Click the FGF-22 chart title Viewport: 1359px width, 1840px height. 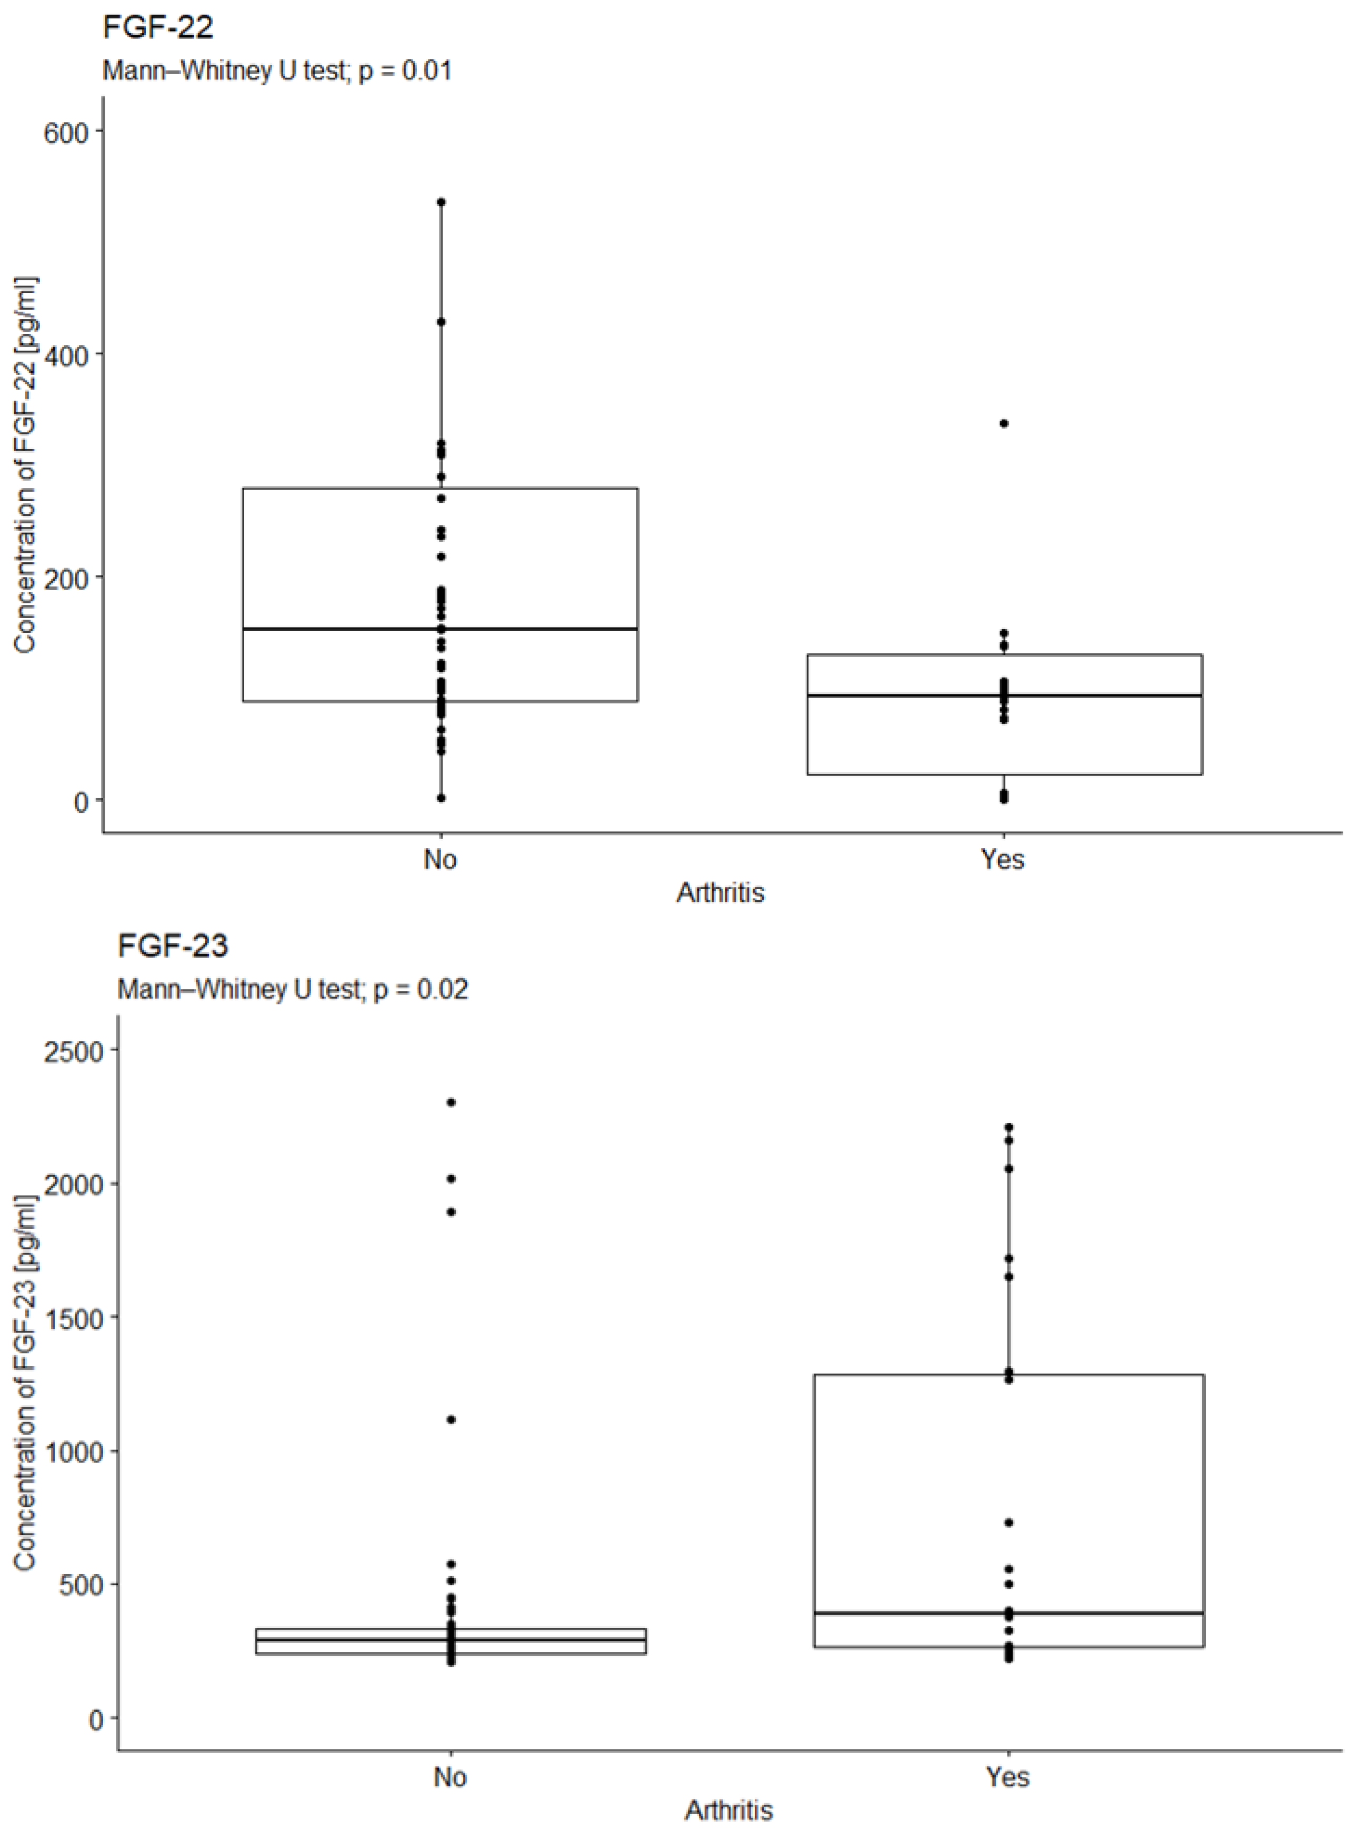(x=158, y=28)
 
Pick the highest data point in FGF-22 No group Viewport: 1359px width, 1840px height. (x=441, y=202)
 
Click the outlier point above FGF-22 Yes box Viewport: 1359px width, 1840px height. (x=1004, y=424)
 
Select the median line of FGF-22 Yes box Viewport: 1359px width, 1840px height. (x=1004, y=695)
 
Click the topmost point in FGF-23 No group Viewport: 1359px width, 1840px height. (x=451, y=1102)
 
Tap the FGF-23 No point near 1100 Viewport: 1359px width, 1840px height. (x=451, y=1419)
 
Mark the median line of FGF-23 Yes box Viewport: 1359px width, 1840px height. (x=1008, y=1613)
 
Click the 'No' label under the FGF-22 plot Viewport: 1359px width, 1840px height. (x=440, y=859)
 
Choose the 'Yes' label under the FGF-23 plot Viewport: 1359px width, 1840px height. (x=1008, y=1777)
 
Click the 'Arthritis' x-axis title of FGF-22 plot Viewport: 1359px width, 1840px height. (x=721, y=893)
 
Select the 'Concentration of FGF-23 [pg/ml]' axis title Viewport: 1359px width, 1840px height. (x=25, y=1383)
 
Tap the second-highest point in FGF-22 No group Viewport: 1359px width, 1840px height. (x=441, y=322)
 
